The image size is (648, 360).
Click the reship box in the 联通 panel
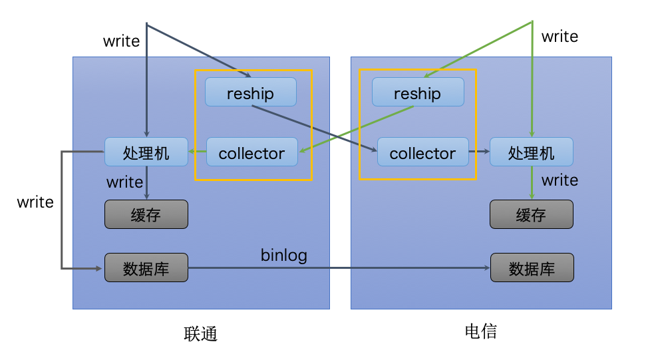(x=250, y=92)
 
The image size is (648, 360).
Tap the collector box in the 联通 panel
(x=251, y=152)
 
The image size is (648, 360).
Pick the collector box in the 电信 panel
(x=422, y=152)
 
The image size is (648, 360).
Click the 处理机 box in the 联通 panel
(x=146, y=152)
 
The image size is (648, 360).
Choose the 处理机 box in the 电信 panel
(x=531, y=152)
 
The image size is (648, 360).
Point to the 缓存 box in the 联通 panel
(x=146, y=214)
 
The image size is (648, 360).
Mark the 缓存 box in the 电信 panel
(x=531, y=214)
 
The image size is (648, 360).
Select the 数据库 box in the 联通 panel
(x=146, y=268)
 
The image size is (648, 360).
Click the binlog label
(x=284, y=255)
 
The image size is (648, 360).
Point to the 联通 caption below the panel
(x=200, y=333)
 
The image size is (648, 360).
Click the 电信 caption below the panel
(x=481, y=331)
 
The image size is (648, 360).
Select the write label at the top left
(x=121, y=41)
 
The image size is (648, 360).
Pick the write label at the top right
(x=560, y=37)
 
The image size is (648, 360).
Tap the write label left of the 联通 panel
(x=35, y=202)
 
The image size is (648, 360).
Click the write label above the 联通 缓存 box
(x=124, y=182)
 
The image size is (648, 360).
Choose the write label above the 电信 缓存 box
(x=560, y=180)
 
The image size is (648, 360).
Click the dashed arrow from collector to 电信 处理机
(x=479, y=152)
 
